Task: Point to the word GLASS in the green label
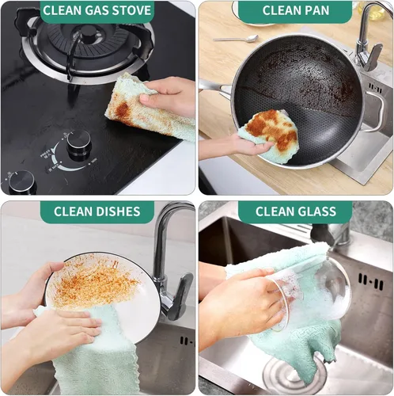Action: pyautogui.click(x=327, y=211)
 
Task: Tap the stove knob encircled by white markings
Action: pyautogui.click(x=78, y=143)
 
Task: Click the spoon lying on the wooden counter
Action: pyautogui.click(x=237, y=37)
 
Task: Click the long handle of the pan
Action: pyautogui.click(x=214, y=86)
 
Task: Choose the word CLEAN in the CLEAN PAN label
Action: pyautogui.click(x=283, y=10)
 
